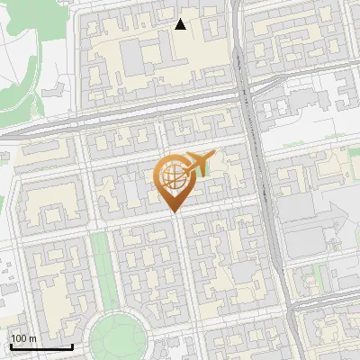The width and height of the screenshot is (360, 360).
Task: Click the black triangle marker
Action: (x=181, y=24)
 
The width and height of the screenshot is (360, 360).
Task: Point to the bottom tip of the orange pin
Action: (x=173, y=212)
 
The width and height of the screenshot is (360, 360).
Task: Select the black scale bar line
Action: (x=40, y=346)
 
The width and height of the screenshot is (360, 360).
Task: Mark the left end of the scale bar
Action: (x=10, y=346)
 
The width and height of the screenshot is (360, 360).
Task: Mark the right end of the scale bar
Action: (x=72, y=346)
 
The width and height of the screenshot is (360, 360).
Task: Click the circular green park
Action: (x=117, y=337)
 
